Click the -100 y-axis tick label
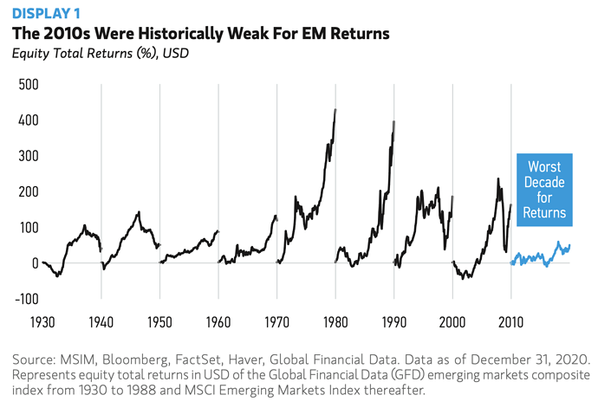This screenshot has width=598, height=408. click(x=26, y=299)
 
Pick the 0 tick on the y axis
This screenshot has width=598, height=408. click(x=34, y=263)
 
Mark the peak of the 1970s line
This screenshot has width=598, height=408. click(x=335, y=110)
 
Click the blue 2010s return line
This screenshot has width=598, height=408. click(x=537, y=256)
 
